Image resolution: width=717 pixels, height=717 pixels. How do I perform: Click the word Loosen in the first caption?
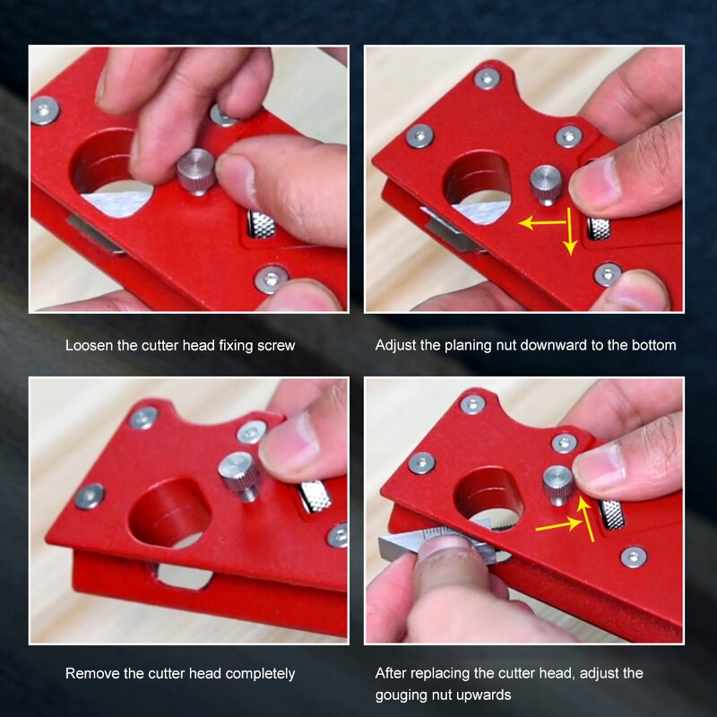click(88, 345)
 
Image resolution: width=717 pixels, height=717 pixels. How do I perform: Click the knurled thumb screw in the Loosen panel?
click(195, 170)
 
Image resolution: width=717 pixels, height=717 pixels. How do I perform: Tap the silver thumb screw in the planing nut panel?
click(546, 184)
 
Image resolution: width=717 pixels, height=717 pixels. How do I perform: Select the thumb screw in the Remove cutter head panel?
click(239, 475)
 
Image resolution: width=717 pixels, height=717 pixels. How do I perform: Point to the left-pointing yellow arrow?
click(542, 221)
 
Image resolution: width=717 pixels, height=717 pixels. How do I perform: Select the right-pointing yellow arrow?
click(557, 525)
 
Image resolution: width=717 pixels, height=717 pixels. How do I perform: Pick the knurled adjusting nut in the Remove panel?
click(315, 495)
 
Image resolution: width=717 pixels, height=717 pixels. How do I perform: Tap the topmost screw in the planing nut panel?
click(487, 78)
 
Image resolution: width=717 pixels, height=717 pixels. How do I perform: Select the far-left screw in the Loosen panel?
click(44, 110)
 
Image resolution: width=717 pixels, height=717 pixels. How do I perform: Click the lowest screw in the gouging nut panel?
click(633, 557)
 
